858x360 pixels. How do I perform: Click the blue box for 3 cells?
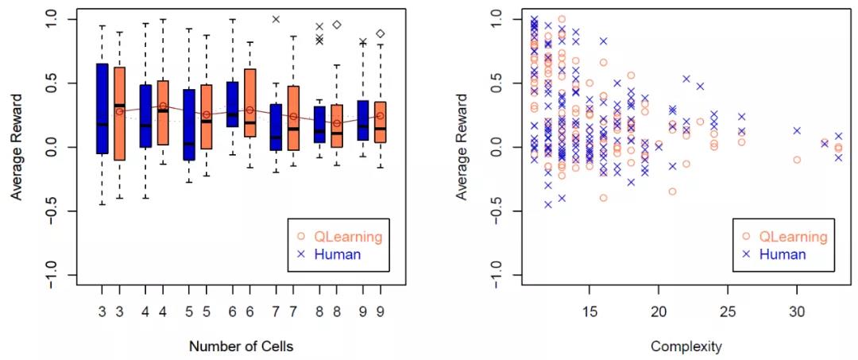[x=102, y=108]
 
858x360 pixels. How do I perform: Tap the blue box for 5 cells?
[x=189, y=125]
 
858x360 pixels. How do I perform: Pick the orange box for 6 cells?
[x=249, y=103]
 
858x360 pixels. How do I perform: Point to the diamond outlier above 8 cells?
[x=337, y=25]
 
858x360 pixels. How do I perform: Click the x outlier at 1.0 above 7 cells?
[x=276, y=19]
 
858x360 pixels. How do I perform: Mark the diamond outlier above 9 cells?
[x=381, y=33]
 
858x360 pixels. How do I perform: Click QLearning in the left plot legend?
[x=348, y=237]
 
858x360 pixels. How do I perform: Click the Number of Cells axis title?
[x=242, y=346]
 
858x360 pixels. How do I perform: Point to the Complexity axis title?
[x=686, y=346]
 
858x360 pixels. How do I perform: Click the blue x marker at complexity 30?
[x=797, y=130]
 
